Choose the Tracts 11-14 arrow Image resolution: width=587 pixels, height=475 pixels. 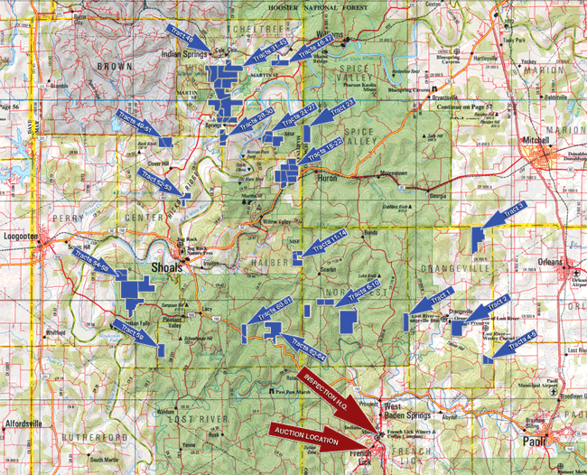point(322,243)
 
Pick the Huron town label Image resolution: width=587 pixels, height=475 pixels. point(326,179)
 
